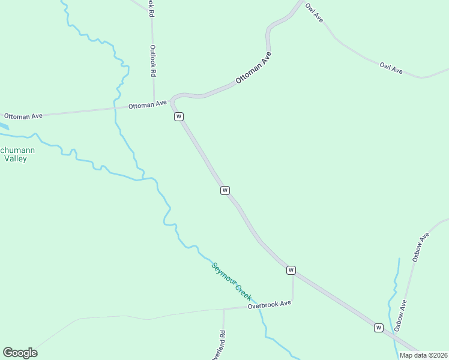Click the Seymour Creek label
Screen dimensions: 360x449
pos(231,281)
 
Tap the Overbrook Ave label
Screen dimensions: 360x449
pos(270,304)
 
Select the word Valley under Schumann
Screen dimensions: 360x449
pos(16,159)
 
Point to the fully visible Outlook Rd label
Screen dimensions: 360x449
pos(153,61)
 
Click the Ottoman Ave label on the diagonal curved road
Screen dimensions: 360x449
pos(253,68)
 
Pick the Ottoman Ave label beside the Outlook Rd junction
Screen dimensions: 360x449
pos(147,104)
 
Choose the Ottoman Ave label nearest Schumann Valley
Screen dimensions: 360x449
pos(23,115)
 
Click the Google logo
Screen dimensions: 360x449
pos(20,353)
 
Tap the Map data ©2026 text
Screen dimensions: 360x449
pos(423,355)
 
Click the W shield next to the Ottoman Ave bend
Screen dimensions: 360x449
pos(178,116)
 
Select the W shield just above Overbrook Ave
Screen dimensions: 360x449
pos(291,270)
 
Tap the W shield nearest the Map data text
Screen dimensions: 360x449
pos(379,328)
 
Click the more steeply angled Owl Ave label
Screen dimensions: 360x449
pos(314,13)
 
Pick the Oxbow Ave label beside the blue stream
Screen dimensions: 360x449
pos(401,316)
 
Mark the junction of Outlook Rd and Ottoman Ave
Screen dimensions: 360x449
pos(154,101)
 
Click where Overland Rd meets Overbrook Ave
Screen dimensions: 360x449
pos(223,309)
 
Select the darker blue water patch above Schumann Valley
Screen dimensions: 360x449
pos(4,127)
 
